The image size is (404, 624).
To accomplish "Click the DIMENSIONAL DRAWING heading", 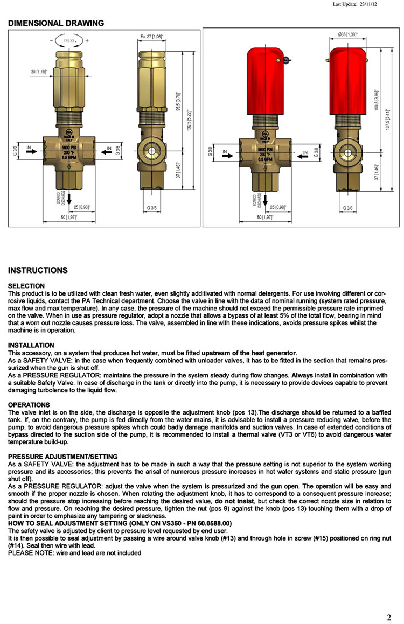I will click(x=56, y=23).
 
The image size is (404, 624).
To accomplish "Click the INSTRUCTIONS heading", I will click(x=38, y=270).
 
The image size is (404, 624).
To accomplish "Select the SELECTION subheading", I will click(x=26, y=286).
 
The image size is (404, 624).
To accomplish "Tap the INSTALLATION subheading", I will click(x=31, y=345).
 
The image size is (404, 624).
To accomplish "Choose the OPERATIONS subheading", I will click(x=29, y=405).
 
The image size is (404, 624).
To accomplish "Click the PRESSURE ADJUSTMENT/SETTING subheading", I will click(x=59, y=457).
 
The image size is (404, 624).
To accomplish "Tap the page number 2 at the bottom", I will click(x=389, y=617).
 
